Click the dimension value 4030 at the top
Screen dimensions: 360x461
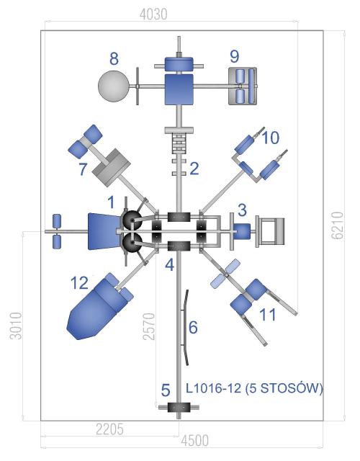tap(153, 14)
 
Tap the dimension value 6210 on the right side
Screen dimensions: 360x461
tap(338, 225)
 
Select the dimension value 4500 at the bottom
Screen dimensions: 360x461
tap(194, 441)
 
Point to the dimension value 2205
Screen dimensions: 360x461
tap(110, 429)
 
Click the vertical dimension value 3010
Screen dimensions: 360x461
tap(16, 326)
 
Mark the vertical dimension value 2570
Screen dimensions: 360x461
tap(149, 326)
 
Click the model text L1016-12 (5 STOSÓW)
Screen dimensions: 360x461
tap(254, 388)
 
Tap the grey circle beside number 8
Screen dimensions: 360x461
tap(114, 86)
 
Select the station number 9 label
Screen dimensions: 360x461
tap(234, 56)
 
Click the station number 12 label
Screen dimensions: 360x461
tap(79, 283)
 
